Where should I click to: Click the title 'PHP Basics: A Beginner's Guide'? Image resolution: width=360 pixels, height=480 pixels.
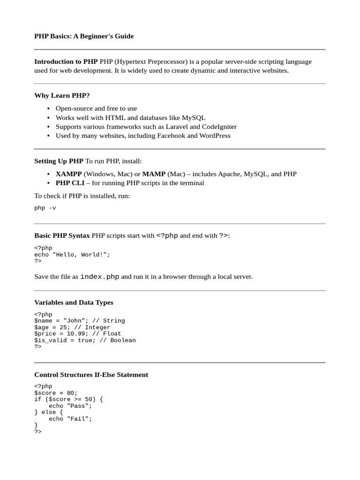pos(84,36)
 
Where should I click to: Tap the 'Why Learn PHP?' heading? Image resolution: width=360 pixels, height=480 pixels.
pos(62,96)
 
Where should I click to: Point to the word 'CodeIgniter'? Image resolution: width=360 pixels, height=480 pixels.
pos(219,127)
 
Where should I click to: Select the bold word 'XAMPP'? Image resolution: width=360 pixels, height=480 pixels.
pos(68,174)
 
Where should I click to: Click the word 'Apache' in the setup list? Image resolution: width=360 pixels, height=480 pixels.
pos(228,174)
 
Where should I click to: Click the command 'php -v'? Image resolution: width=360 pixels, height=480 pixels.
pos(45,208)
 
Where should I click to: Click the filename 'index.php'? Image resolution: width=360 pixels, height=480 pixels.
pos(100,277)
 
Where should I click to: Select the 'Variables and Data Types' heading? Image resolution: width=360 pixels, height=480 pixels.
pos(74,303)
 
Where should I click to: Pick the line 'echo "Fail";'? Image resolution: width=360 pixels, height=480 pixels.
pos(70,419)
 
